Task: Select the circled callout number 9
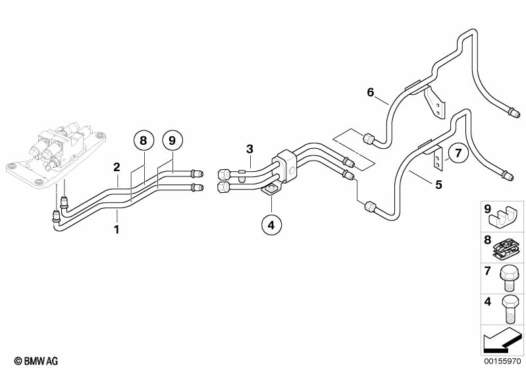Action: click(172, 141)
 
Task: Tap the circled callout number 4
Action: click(271, 224)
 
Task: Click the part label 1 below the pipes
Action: click(117, 230)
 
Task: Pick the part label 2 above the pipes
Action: click(117, 167)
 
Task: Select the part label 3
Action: click(250, 149)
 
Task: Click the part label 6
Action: click(371, 92)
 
